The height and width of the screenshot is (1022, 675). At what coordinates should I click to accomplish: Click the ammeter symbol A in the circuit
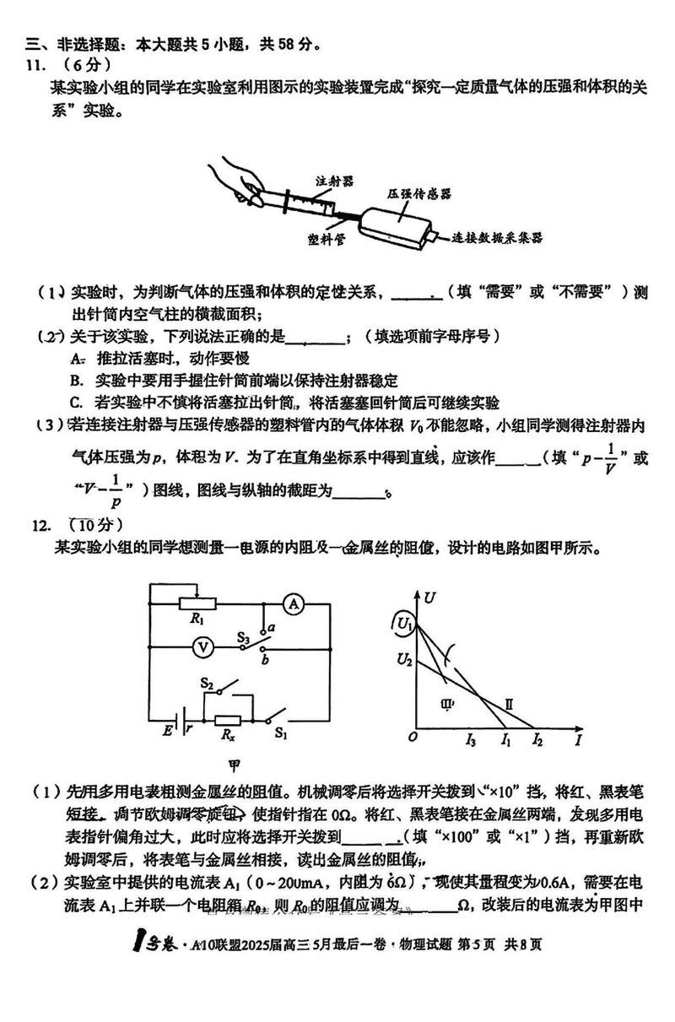click(293, 603)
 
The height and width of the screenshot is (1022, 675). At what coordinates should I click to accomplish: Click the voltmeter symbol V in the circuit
click(202, 646)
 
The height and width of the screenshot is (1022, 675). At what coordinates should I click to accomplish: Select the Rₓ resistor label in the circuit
click(228, 736)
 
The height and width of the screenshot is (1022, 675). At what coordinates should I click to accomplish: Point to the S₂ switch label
click(208, 681)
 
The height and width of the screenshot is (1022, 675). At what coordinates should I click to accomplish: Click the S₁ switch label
click(281, 733)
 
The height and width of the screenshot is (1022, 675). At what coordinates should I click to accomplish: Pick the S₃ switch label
click(242, 638)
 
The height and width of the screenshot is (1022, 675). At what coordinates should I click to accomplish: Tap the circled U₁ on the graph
click(403, 625)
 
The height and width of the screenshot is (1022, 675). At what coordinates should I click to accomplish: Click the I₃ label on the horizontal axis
click(470, 742)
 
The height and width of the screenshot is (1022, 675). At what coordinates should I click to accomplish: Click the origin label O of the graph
click(413, 738)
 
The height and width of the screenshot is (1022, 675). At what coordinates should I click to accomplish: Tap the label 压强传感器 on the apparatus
click(419, 193)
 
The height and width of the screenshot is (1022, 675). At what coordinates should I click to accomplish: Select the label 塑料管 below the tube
click(326, 239)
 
